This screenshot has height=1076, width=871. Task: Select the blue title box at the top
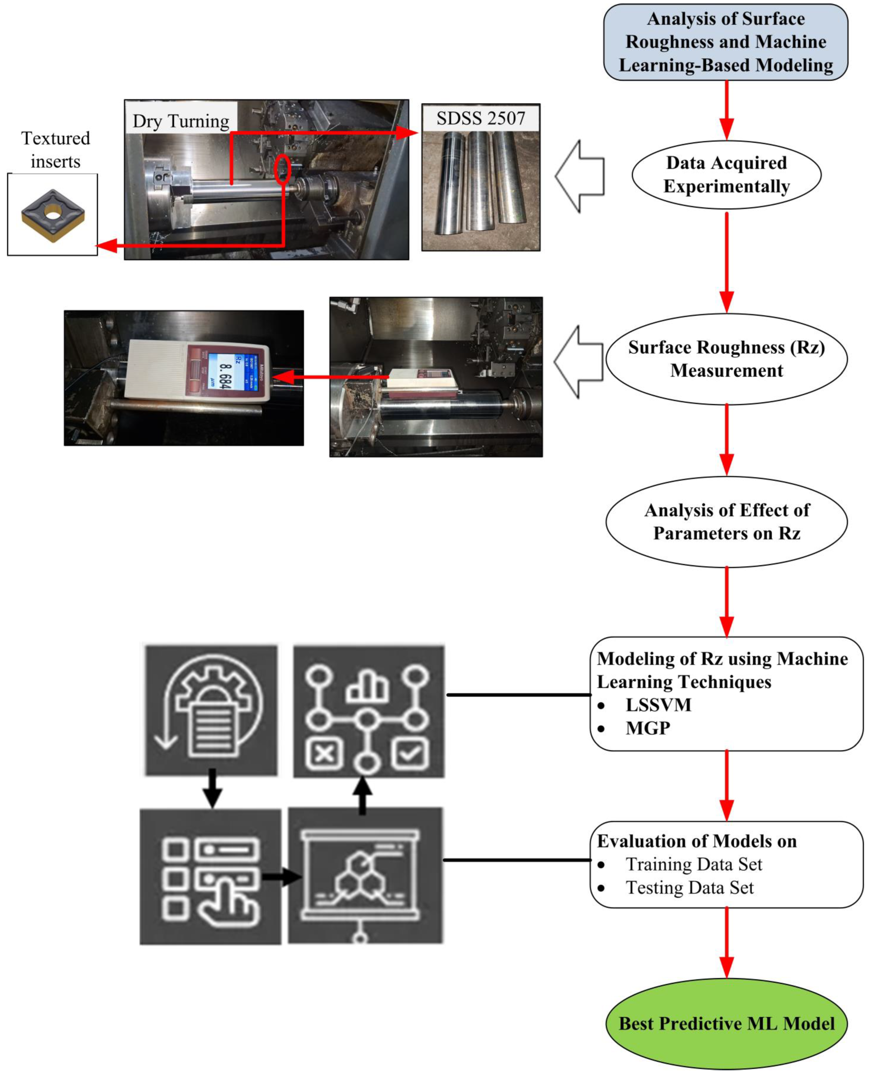click(x=725, y=42)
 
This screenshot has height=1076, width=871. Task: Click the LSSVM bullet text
click(x=658, y=705)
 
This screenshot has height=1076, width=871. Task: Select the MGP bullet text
click(x=648, y=728)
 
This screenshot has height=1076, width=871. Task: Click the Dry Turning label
click(x=181, y=121)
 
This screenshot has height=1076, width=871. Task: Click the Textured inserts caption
click(x=55, y=149)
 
